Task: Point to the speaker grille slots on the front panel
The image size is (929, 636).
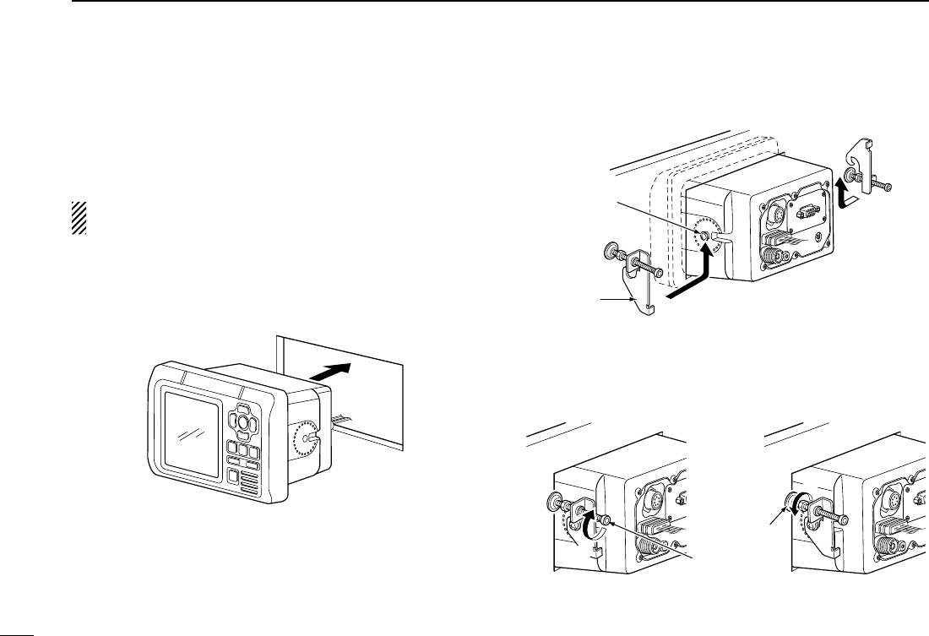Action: tap(249, 484)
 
